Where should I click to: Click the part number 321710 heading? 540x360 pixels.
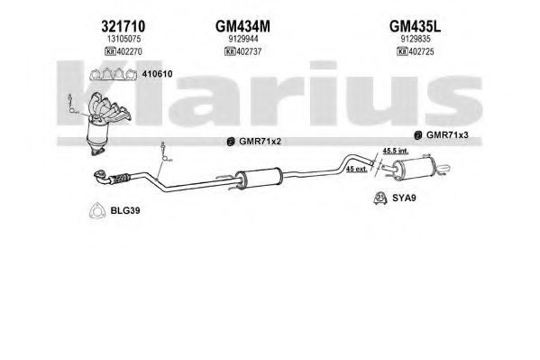click(123, 26)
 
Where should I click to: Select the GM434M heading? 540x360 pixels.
click(243, 26)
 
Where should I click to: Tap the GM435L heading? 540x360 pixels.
click(415, 26)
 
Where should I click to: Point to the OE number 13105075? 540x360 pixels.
click(124, 40)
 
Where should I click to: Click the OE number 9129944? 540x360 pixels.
click(243, 40)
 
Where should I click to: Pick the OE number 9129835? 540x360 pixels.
click(416, 40)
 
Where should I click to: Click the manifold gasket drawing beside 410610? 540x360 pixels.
click(113, 74)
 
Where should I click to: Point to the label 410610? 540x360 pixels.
click(157, 74)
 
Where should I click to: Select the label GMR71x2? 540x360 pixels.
click(260, 142)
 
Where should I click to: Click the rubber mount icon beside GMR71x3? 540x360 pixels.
click(418, 135)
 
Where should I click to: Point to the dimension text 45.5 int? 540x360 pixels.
click(396, 151)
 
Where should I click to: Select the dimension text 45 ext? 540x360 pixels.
click(356, 169)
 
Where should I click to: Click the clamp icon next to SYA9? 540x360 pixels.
click(380, 198)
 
